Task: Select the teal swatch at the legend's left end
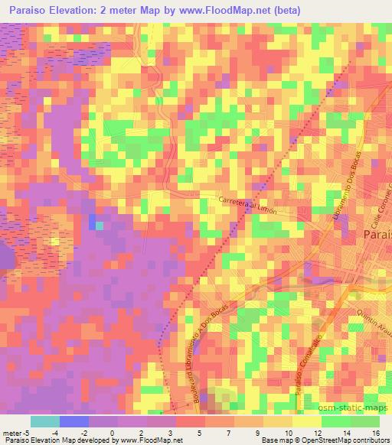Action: click(x=44, y=421)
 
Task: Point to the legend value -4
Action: click(x=66, y=432)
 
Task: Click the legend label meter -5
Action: click(x=16, y=432)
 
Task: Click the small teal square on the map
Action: click(x=100, y=226)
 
